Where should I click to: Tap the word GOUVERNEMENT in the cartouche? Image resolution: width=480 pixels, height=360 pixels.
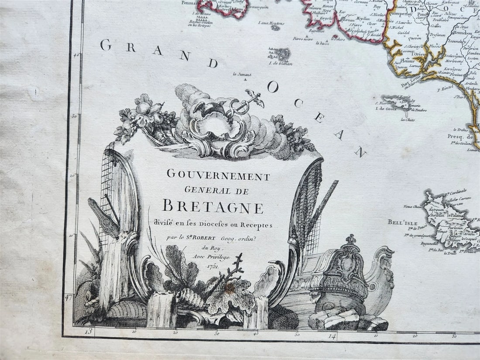point(218,176)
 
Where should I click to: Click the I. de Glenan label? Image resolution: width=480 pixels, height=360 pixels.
point(281,64)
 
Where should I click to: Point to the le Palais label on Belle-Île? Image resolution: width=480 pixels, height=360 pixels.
point(454,215)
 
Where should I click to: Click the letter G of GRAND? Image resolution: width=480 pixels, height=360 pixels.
point(106,45)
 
